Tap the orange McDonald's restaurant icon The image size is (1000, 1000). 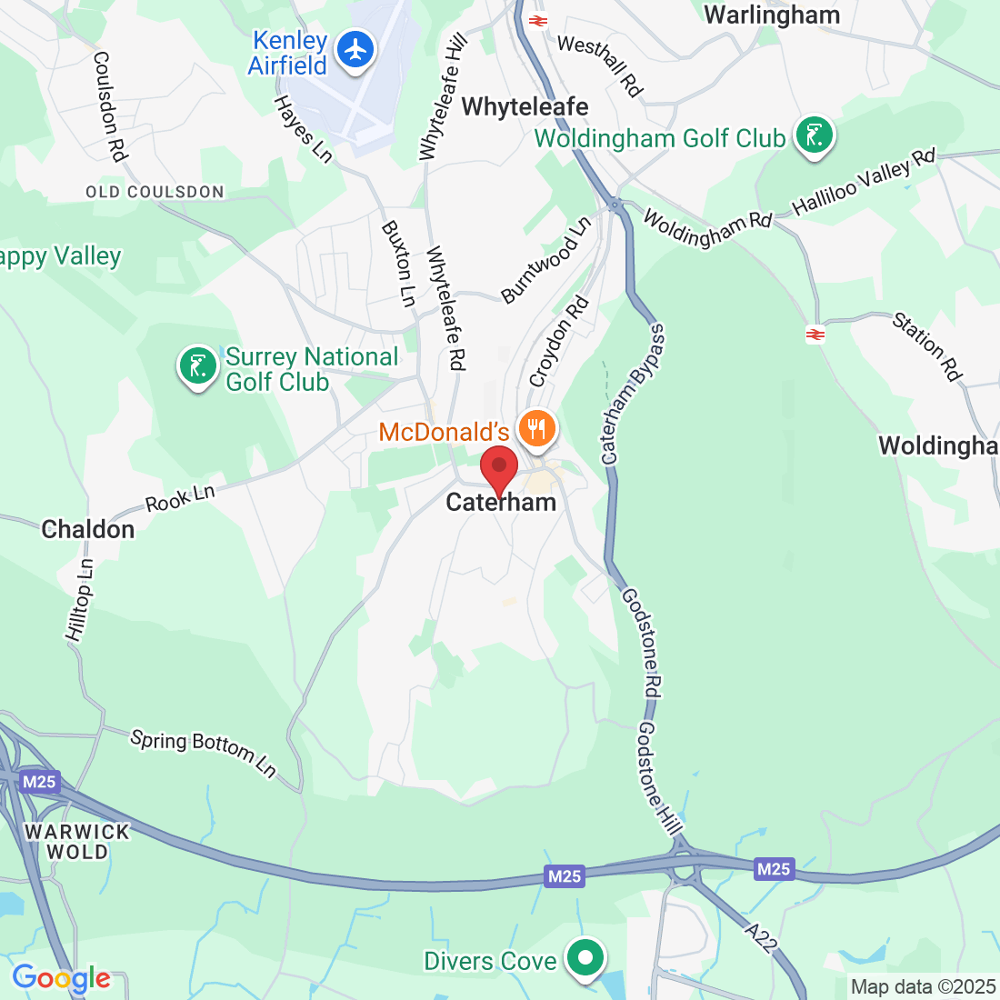pos(537,427)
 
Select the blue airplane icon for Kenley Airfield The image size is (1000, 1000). pos(355,49)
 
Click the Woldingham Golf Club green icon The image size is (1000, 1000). pos(814,135)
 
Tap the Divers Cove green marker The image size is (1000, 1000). pos(586,957)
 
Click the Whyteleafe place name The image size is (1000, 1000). pos(525,106)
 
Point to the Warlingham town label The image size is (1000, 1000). pos(772,15)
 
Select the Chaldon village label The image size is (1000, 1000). pos(88,529)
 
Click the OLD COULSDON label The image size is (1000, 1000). pos(155,192)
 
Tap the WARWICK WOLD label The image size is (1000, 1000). pos(77,842)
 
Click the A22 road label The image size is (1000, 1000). pos(760,937)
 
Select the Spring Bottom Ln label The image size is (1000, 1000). pos(203,753)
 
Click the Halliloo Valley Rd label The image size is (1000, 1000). pos(864,182)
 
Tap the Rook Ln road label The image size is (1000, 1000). pos(180,498)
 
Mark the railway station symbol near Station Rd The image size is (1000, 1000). pos(815,335)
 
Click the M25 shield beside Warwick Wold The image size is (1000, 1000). pos(39,782)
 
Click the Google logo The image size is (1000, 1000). pos(61,978)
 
